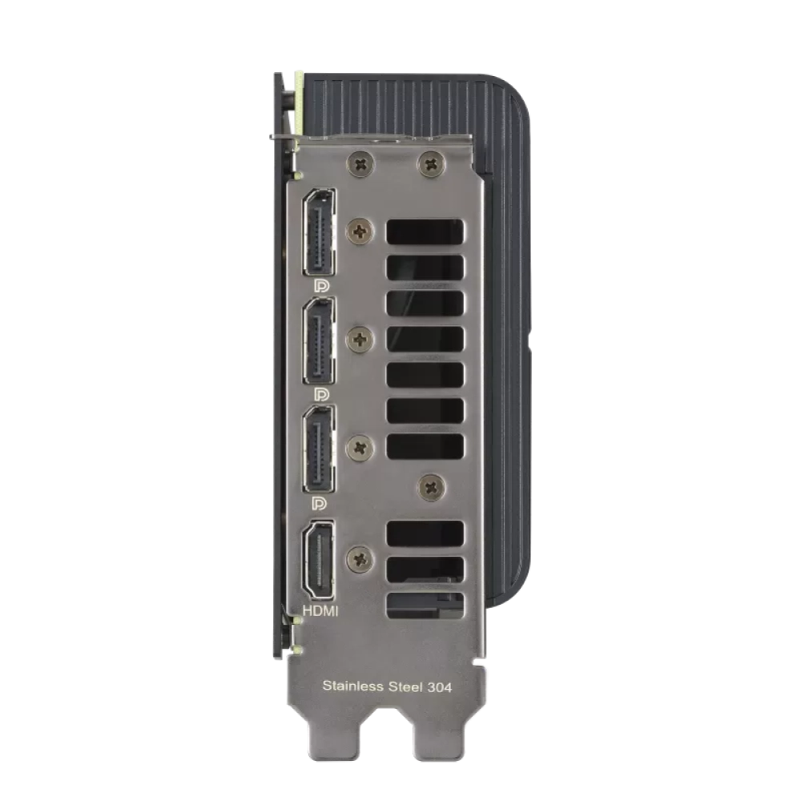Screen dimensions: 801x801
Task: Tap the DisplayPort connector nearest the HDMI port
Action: pyautogui.click(x=318, y=449)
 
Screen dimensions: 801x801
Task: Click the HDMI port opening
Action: pyautogui.click(x=318, y=562)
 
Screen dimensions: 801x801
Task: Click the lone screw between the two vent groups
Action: pyautogui.click(x=433, y=485)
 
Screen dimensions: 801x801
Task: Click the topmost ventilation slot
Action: pyautogui.click(x=425, y=232)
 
